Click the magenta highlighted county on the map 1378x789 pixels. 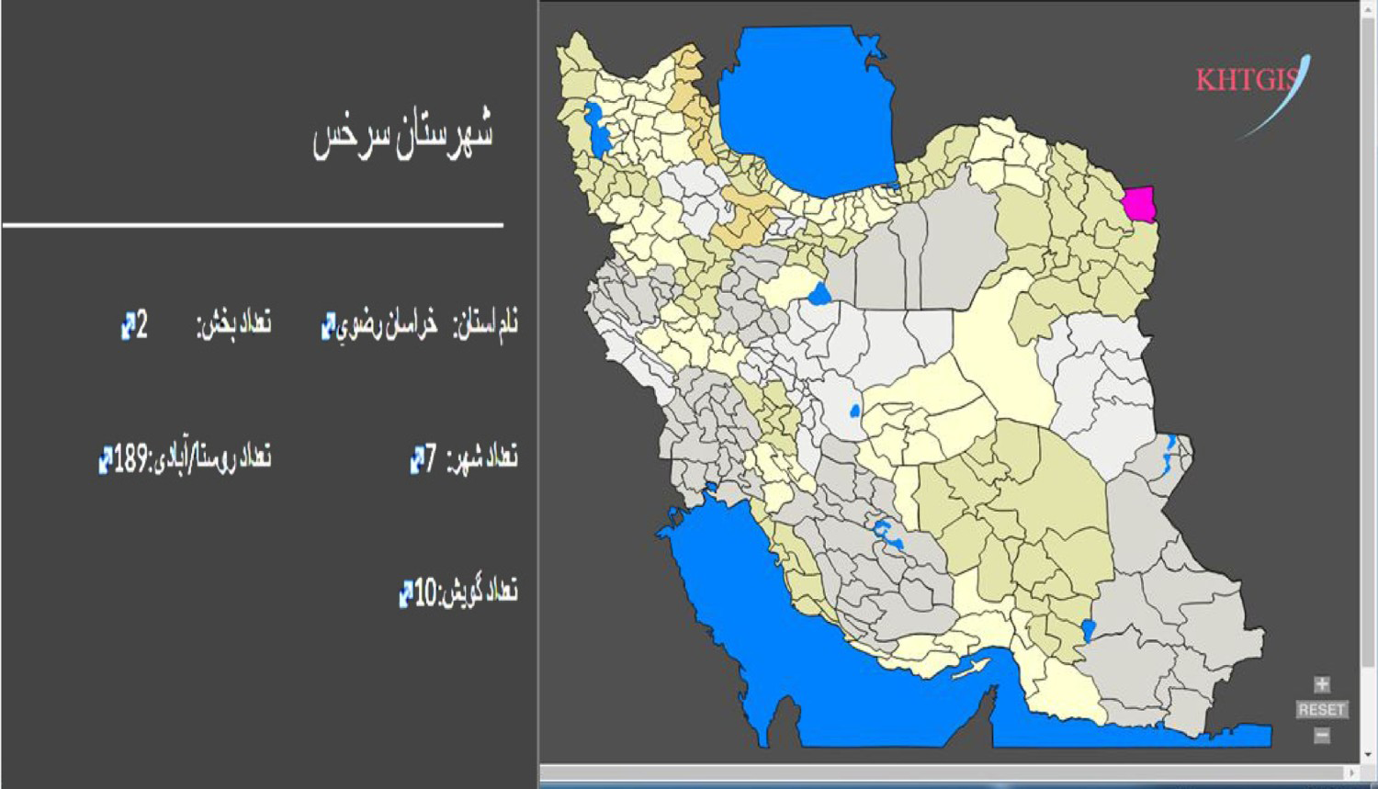click(1141, 204)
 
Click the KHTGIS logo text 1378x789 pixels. click(1247, 80)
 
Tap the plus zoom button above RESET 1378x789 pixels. click(1321, 684)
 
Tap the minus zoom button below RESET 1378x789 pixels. click(1321, 735)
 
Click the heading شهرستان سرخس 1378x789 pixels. click(403, 136)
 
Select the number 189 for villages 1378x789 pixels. click(130, 457)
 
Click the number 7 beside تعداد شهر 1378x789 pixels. click(431, 457)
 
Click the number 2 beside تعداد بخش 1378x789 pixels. click(141, 325)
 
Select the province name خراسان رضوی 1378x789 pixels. click(387, 325)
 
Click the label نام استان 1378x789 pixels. click(486, 323)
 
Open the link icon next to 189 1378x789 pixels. click(106, 458)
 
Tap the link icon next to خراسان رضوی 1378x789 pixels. click(328, 326)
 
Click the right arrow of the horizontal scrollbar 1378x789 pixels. click(1351, 773)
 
